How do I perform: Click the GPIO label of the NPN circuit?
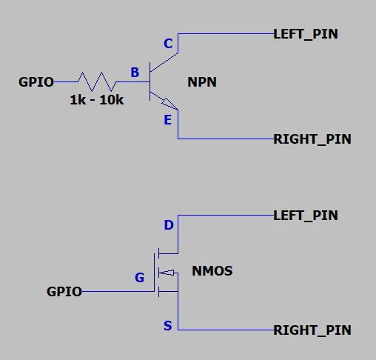pos(36,82)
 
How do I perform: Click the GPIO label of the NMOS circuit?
pos(64,292)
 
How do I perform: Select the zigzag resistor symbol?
pos(95,81)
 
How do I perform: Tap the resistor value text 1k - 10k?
pos(96,100)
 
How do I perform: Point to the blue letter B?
pos(135,73)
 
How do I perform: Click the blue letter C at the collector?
pos(167,44)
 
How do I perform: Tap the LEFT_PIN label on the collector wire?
pos(306,34)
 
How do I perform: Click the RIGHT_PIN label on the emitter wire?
pos(312,139)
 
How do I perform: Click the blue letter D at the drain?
pos(168,225)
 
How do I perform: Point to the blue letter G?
pos(139,278)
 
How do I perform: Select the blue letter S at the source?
pos(168,326)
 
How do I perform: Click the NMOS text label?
pos(212,271)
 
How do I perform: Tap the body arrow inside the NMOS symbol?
pos(167,273)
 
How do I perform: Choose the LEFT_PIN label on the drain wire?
pos(306,216)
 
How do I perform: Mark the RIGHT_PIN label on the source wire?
pos(312,330)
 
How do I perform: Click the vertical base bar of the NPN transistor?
pos(150,81)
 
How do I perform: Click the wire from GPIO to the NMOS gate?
pos(118,292)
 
